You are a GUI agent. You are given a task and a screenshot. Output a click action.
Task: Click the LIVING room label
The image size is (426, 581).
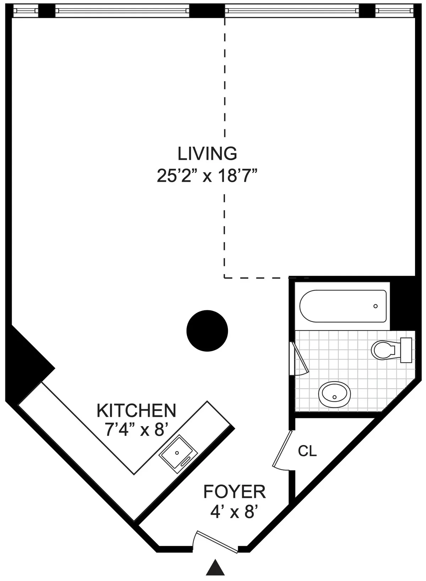(207, 153)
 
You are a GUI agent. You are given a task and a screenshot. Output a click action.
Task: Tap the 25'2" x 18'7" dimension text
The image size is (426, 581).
(207, 175)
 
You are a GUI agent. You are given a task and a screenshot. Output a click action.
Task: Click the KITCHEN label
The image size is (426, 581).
(136, 411)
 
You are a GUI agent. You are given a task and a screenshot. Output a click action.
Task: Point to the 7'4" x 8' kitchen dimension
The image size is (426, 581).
(136, 430)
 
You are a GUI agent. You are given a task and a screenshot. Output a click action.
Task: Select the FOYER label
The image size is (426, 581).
(234, 492)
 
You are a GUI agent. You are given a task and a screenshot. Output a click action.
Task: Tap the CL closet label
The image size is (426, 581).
(307, 451)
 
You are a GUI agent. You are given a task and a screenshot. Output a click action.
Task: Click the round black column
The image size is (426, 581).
(207, 331)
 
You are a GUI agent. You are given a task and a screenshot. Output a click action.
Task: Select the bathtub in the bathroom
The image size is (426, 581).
(343, 306)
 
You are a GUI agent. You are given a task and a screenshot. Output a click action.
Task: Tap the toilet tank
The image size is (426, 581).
(406, 350)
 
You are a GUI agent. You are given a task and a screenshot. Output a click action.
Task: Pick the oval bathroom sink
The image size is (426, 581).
(334, 395)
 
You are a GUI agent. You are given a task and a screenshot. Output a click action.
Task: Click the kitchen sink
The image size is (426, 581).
(178, 453)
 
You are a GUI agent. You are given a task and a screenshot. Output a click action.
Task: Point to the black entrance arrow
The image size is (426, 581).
(215, 567)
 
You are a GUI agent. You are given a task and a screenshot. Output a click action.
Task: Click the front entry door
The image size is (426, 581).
(217, 538)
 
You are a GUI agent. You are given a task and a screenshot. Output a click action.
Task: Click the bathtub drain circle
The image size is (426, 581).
(375, 306)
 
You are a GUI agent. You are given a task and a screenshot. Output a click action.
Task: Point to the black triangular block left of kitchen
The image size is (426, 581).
(25, 359)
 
